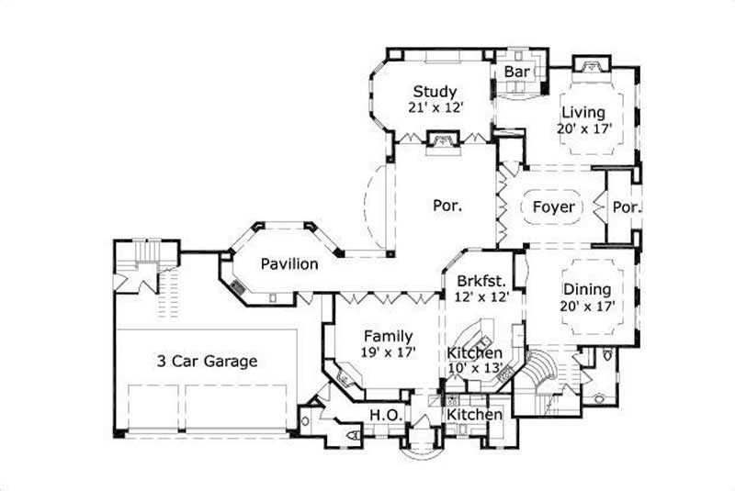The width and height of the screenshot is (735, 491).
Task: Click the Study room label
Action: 435,91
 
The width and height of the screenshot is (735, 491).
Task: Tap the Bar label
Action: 515,71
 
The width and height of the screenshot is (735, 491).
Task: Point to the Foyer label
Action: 554,207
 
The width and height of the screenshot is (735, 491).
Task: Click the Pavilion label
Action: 289,264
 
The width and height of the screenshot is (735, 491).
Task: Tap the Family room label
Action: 388,336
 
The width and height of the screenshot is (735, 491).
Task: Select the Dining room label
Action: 587,290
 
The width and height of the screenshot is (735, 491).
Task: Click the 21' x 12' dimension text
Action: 435,107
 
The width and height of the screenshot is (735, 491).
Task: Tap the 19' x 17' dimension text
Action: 388,352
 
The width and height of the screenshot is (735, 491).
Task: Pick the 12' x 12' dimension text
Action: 477,297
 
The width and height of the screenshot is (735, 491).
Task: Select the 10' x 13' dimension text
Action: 475,368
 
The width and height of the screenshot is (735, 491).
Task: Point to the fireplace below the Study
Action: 440,139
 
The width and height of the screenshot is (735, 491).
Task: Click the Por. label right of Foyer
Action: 627,206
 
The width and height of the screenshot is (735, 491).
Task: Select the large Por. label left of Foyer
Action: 447,206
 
